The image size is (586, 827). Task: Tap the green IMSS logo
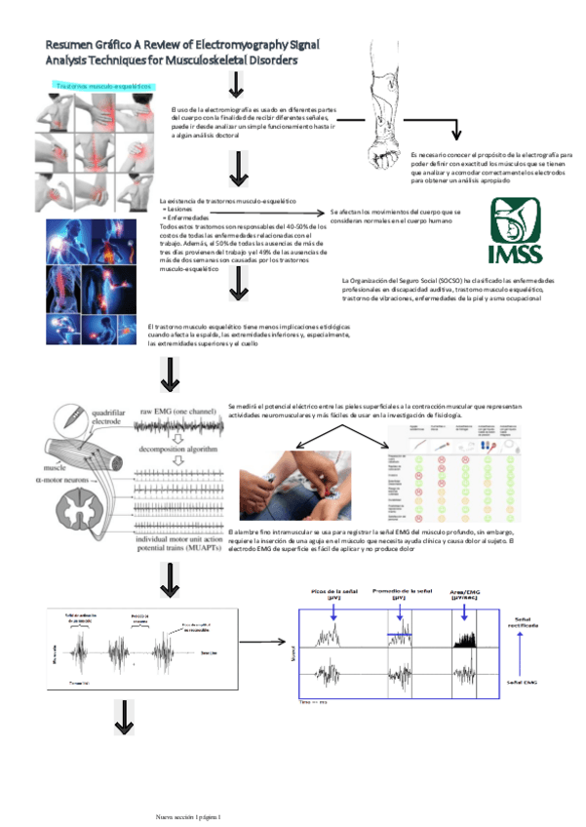525,233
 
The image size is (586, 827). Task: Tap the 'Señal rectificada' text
528,621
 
